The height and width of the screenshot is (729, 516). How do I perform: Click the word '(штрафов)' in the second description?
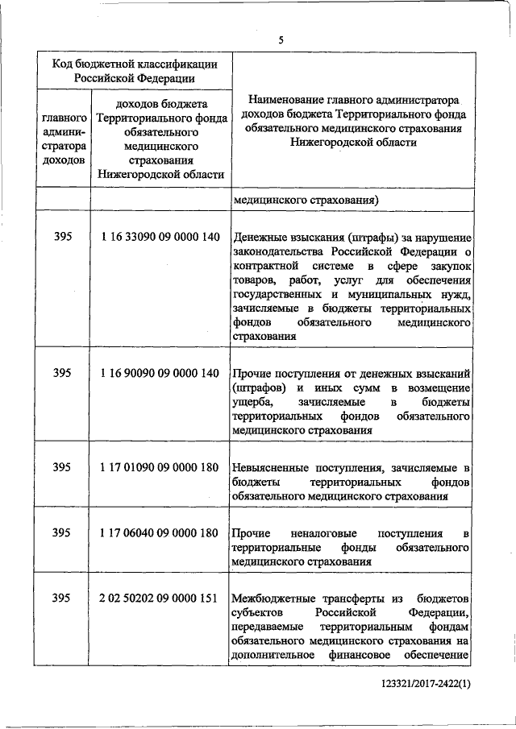(x=256, y=387)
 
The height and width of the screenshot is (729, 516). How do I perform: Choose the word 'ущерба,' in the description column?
(x=251, y=402)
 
